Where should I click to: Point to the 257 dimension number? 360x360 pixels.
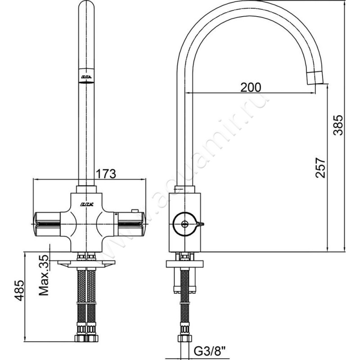320,167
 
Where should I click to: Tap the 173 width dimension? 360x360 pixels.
107,173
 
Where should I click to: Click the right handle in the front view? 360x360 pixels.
130,221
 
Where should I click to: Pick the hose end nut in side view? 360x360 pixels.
184,337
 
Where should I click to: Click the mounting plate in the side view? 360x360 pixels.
185,264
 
